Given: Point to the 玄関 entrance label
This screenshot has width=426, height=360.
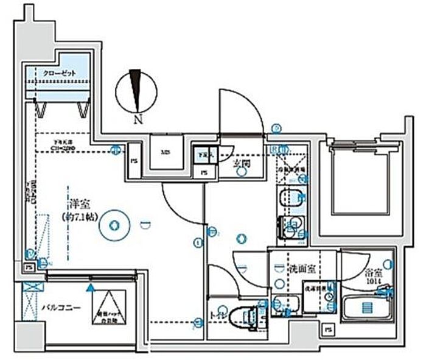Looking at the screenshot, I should coord(242,163).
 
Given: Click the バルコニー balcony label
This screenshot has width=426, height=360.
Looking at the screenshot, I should coord(61,308).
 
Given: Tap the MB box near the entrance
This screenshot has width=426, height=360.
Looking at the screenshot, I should coord(166,152).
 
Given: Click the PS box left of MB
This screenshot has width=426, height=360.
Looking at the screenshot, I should coord(134,161).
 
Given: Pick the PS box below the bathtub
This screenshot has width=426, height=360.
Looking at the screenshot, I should coord(329,331).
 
